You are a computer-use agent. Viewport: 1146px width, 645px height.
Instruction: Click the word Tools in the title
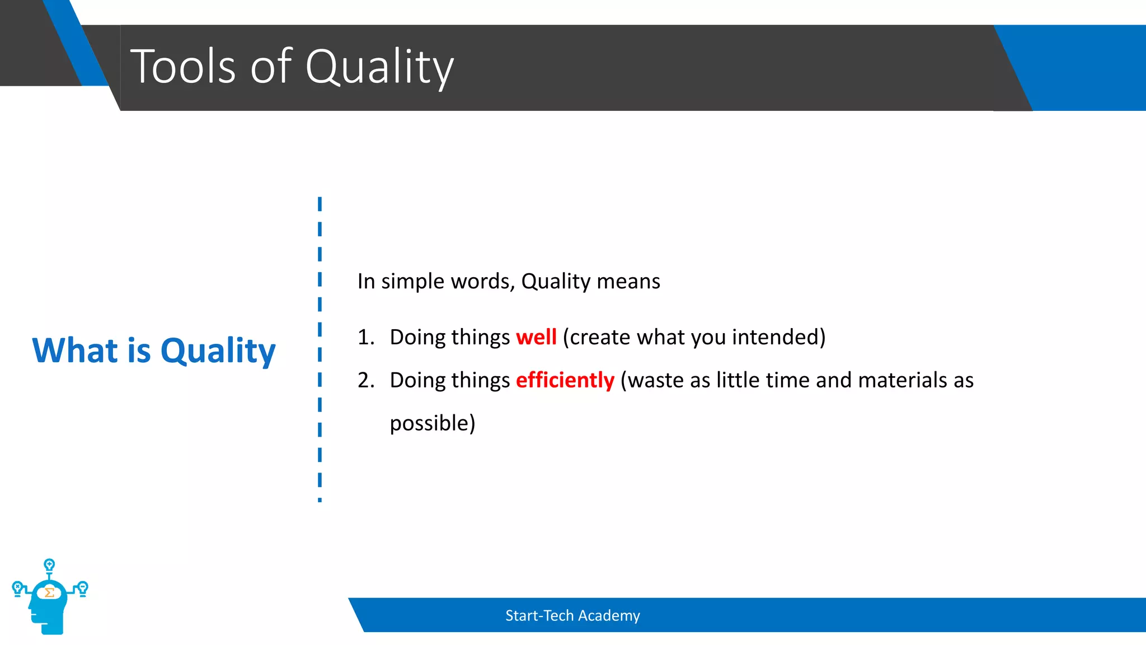(183, 67)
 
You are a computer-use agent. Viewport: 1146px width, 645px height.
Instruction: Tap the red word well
(536, 337)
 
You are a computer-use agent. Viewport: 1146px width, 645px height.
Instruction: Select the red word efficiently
(565, 380)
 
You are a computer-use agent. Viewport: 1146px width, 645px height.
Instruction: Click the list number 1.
(365, 338)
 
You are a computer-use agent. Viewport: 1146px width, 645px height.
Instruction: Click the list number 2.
(365, 381)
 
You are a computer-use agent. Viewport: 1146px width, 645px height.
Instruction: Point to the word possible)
(432, 423)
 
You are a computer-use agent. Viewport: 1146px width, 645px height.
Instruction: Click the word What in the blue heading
(75, 350)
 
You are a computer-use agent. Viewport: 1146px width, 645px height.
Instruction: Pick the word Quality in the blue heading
(218, 352)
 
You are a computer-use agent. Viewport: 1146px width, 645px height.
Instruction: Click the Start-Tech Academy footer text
(572, 615)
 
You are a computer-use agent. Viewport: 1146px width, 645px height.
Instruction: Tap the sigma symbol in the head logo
(49, 592)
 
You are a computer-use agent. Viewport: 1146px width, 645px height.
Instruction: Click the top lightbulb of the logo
(49, 564)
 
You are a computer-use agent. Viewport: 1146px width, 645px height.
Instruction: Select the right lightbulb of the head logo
(83, 588)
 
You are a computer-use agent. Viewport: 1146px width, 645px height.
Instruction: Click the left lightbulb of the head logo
(17, 588)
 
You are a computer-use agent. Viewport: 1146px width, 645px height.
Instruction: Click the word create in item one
(600, 337)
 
